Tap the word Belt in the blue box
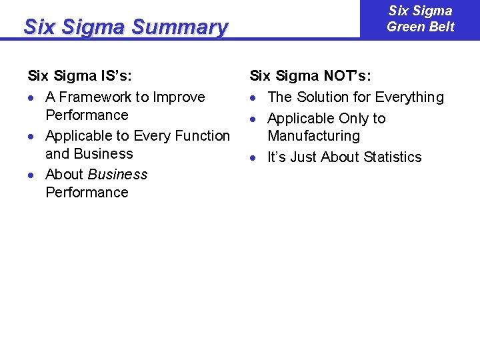tap(439, 27)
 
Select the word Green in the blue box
tap(405, 27)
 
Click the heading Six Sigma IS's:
tap(79, 76)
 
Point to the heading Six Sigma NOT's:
tap(310, 76)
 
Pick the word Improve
tap(179, 97)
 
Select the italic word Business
tap(117, 175)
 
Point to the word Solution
tap(322, 97)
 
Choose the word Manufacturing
tap(313, 136)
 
